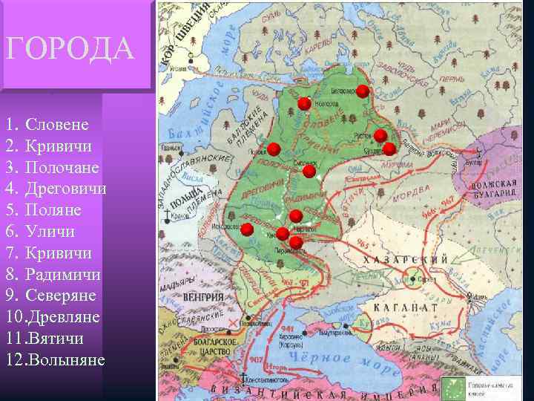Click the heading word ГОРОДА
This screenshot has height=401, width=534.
[70, 50]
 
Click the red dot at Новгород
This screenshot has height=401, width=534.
[304, 104]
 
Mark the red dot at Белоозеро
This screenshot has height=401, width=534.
[362, 91]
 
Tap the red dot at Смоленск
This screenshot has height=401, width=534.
[309, 172]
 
